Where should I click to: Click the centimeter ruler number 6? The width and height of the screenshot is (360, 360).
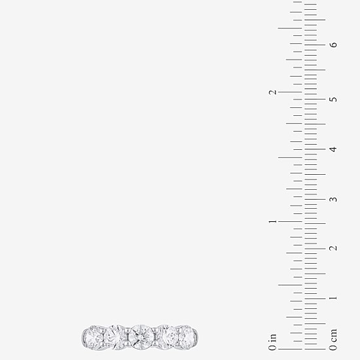334,45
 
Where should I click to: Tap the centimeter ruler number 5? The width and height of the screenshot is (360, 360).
334,99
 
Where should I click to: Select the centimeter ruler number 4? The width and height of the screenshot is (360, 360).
333,149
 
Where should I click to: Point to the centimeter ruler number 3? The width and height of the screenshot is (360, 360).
333,199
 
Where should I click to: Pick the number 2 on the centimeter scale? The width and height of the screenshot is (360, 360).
333,248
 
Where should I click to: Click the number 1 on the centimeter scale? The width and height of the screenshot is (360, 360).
333,298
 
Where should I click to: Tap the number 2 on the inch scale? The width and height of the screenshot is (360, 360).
272,92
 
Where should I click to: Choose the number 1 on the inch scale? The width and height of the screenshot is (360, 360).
273,221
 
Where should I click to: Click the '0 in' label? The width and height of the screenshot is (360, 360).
272,342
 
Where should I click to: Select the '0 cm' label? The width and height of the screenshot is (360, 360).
333,340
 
